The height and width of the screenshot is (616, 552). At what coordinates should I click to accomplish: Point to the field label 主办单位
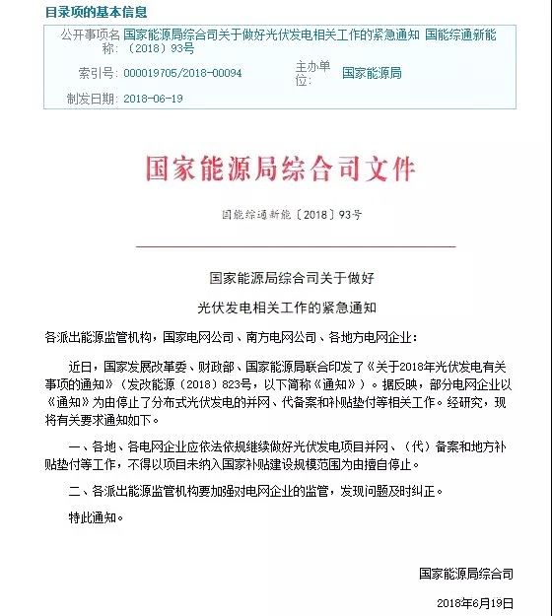pos(312,72)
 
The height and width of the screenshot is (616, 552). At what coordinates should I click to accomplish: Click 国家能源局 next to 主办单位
pos(372,73)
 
